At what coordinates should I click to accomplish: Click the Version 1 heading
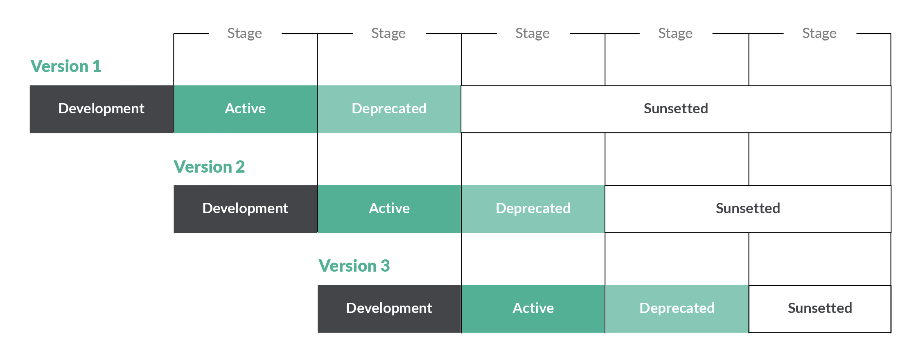point(66,66)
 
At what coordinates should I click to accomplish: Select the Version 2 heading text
point(209,167)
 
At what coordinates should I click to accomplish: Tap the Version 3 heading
point(354,266)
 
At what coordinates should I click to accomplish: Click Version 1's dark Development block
point(102,109)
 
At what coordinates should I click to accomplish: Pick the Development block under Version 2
point(246,209)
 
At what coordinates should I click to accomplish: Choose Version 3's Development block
point(389,309)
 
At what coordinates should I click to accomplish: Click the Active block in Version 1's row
point(246,109)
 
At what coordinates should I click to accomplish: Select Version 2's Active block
point(389,209)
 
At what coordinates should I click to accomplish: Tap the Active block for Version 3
point(533,309)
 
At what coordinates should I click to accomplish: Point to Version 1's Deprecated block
point(389,109)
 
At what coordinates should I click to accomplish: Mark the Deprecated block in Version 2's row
point(533,209)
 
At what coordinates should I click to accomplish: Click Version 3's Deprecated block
point(677,309)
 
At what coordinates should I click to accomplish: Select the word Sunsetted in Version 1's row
point(676,108)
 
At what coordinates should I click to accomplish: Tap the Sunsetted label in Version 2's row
point(748,208)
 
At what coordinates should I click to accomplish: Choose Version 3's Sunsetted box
point(820,309)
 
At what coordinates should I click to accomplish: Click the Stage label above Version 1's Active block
point(245,34)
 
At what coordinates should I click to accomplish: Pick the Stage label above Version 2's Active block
point(388,34)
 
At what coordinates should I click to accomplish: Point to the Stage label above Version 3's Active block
point(532,34)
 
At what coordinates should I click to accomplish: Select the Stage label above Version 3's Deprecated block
point(675,34)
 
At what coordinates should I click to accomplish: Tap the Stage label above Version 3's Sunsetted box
point(819,34)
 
